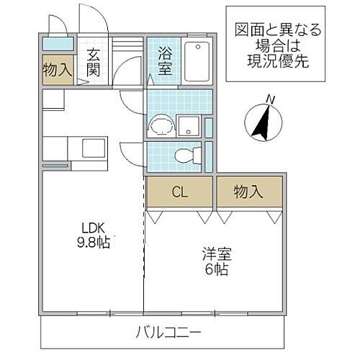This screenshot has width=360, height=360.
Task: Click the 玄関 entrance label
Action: point(94,62)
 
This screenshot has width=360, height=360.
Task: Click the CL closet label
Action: point(179,192)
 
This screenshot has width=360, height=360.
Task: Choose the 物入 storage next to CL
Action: point(248,192)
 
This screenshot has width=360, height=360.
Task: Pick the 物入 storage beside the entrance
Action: point(57,70)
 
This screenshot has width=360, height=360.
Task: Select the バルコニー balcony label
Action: point(167,332)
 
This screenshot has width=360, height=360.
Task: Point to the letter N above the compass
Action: point(270,98)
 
